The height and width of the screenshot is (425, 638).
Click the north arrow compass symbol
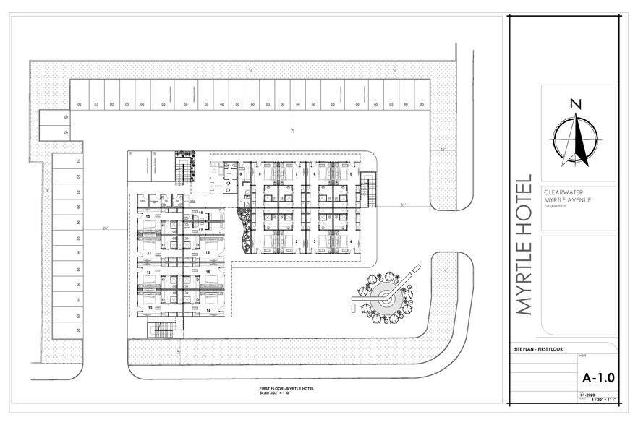(x=576, y=137)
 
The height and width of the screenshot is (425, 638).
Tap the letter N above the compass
(x=575, y=103)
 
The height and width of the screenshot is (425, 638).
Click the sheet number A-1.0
(x=597, y=378)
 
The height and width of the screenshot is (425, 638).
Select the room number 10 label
(x=148, y=216)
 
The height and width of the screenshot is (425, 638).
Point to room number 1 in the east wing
(x=260, y=241)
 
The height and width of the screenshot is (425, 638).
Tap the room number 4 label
(x=351, y=241)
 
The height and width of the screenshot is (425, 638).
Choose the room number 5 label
(x=351, y=174)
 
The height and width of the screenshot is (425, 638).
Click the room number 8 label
(x=260, y=174)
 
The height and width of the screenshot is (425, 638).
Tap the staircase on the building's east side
(x=367, y=189)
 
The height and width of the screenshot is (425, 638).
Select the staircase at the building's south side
(x=164, y=330)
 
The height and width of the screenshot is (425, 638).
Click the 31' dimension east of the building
(x=403, y=205)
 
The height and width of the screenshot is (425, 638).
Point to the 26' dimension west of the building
(x=105, y=228)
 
